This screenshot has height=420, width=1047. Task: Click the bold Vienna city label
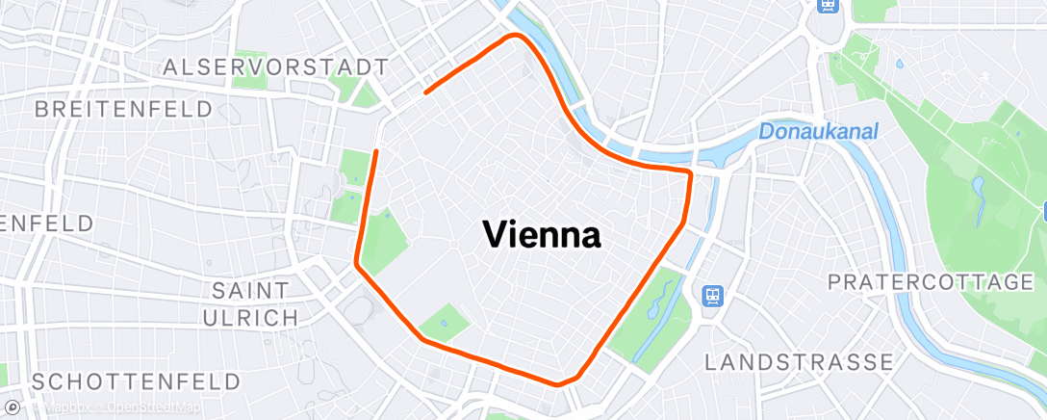(x=541, y=234)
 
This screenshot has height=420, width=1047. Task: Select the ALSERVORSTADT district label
(x=276, y=67)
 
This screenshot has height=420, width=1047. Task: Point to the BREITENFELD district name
(x=123, y=109)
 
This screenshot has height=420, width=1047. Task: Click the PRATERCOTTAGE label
(x=930, y=282)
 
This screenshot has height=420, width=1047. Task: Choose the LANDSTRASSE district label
(x=799, y=362)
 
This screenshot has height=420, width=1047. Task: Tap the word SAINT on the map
(x=249, y=290)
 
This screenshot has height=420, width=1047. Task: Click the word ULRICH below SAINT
(x=249, y=317)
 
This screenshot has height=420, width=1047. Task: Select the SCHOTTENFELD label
(x=135, y=381)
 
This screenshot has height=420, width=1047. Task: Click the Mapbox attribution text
(x=66, y=407)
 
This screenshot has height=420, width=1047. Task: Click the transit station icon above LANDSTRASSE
(x=713, y=295)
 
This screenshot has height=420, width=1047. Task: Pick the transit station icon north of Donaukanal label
(x=827, y=6)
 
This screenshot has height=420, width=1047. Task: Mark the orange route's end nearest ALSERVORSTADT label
(x=425, y=92)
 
